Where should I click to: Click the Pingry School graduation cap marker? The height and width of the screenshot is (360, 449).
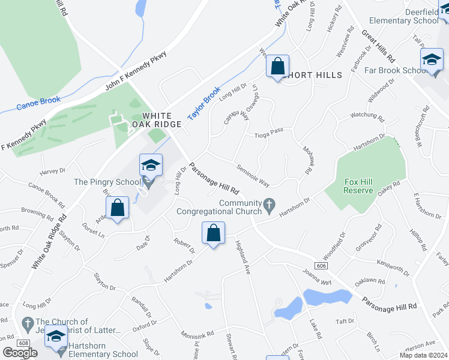151,166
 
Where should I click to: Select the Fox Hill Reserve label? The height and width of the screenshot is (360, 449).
359,186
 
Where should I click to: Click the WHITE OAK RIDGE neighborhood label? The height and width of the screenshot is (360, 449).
161,119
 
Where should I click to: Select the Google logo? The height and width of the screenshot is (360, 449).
20,353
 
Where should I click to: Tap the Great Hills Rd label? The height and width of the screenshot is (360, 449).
377,47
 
